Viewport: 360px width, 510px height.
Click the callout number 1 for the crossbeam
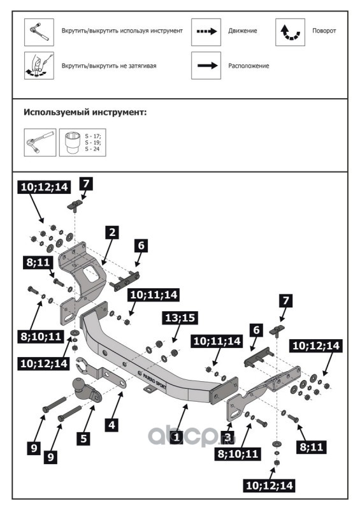(x=176, y=437)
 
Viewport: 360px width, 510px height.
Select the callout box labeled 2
(x=112, y=233)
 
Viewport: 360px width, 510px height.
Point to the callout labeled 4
(x=112, y=425)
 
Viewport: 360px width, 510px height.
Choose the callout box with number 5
(x=84, y=439)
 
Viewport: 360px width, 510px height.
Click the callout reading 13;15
(x=180, y=317)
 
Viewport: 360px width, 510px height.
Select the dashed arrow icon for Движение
(x=206, y=31)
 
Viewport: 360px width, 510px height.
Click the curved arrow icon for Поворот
(x=290, y=33)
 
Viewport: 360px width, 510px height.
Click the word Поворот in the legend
(x=324, y=31)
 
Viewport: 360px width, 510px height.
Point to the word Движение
(x=243, y=31)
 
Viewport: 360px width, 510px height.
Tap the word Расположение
(x=248, y=66)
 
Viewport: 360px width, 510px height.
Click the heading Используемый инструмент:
(x=85, y=113)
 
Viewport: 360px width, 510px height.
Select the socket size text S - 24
(x=92, y=149)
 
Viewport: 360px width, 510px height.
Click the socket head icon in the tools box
(x=72, y=142)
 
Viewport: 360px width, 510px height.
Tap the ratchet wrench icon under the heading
(x=40, y=142)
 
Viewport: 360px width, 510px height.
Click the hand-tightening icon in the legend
(x=39, y=66)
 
